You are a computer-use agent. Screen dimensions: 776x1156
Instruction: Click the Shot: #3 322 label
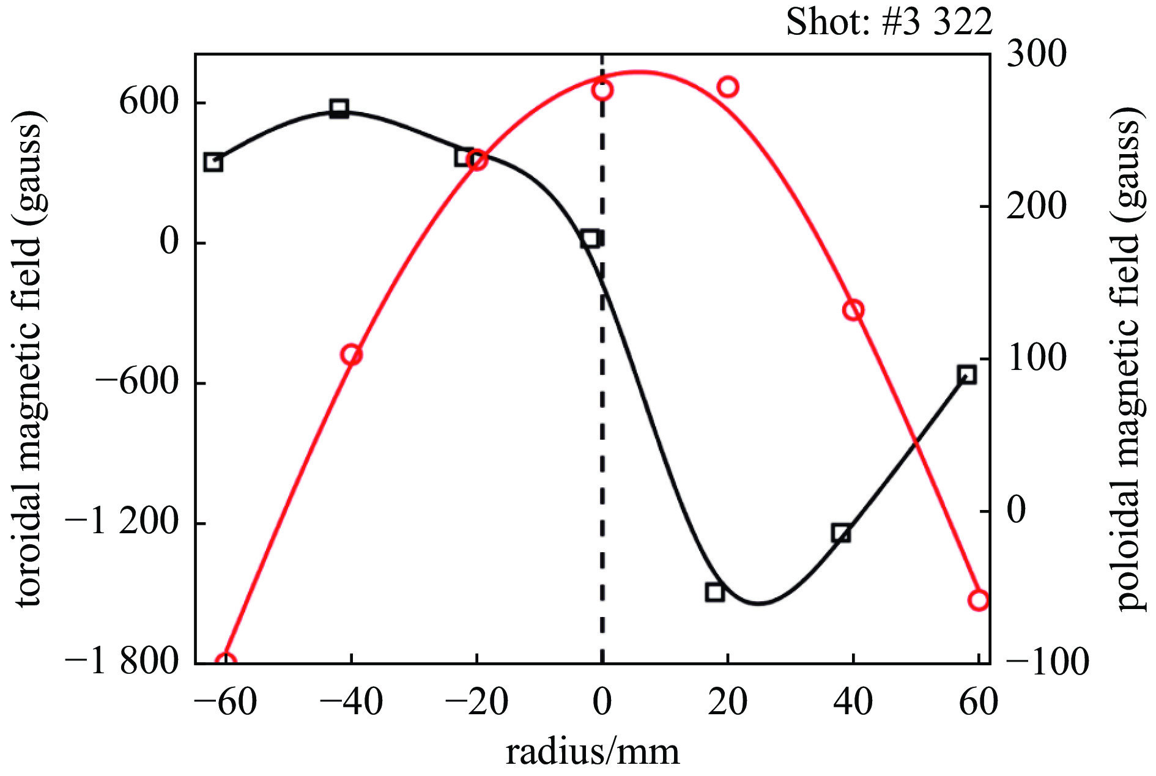[x=889, y=23]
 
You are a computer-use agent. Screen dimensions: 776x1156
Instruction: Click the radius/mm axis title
[x=592, y=752]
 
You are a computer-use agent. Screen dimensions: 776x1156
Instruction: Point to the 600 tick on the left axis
[x=149, y=102]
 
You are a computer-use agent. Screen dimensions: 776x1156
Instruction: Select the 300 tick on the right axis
[x=1036, y=54]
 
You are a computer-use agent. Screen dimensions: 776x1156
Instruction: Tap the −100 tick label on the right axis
[x=1047, y=662]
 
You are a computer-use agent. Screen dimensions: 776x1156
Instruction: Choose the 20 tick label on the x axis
[x=727, y=702]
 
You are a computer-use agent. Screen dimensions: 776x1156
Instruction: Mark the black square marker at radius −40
[x=339, y=109]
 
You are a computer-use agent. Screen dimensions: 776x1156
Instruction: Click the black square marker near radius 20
[x=714, y=591]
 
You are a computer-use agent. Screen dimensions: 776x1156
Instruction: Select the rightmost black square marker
[x=966, y=375]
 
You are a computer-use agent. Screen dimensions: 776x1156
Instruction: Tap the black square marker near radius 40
[x=841, y=533]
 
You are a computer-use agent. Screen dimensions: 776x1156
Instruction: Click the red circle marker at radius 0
[x=602, y=90]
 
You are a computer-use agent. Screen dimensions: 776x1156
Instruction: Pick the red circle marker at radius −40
[x=351, y=355]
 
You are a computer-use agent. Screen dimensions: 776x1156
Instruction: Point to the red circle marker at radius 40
[x=853, y=310]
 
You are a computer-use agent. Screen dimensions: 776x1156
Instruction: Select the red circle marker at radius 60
[x=979, y=600]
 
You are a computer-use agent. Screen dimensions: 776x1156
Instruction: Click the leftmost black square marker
[x=213, y=162]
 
